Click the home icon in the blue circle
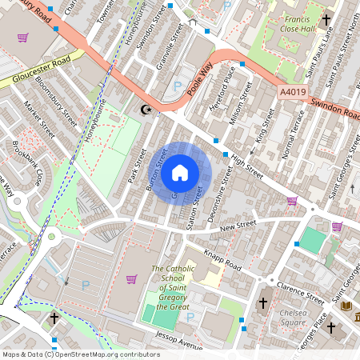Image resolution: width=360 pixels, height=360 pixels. [180, 171]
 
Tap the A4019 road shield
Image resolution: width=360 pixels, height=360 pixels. [293, 93]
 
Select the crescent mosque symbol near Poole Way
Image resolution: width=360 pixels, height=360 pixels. [146, 110]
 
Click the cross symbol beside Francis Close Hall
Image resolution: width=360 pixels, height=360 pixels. [326, 19]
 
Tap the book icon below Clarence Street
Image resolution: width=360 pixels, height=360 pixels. [346, 306]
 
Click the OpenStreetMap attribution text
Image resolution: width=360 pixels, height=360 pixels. [81, 354]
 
